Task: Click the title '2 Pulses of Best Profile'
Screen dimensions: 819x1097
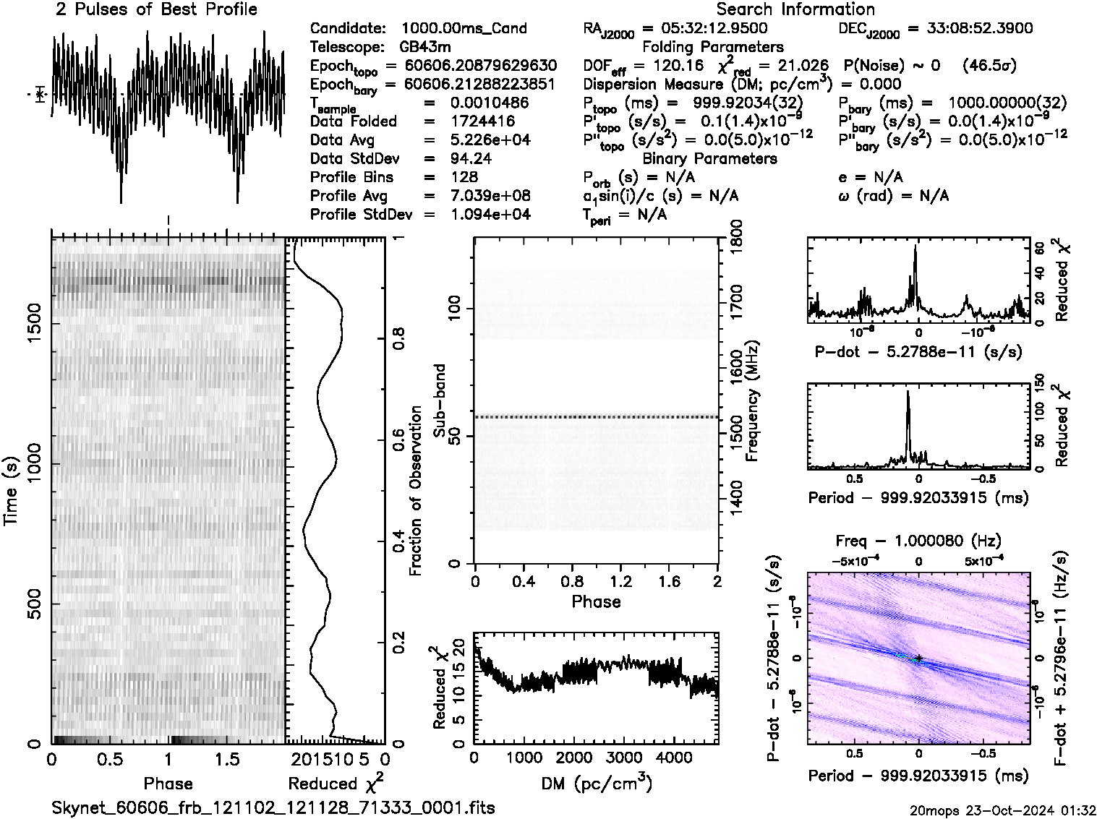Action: coord(156,9)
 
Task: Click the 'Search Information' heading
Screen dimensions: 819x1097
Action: coord(795,9)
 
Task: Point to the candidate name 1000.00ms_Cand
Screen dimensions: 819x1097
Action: coord(464,28)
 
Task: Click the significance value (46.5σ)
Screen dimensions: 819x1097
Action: coord(989,66)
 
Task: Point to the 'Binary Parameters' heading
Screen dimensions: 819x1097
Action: coord(709,158)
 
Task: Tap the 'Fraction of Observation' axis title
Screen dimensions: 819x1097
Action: coord(415,491)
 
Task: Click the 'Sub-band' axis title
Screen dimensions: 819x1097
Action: coord(438,400)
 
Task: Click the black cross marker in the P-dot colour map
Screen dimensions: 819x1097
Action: coord(918,658)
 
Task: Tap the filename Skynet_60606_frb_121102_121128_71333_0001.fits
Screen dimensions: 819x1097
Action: coord(273,807)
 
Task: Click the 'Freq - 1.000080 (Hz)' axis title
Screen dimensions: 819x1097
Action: coord(918,541)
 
